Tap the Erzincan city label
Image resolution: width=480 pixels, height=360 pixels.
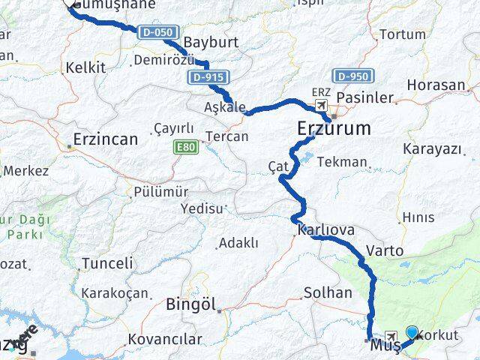(x=106, y=139)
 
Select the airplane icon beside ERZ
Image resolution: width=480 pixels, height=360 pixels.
(x=321, y=105)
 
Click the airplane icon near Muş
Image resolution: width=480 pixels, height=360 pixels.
(x=391, y=336)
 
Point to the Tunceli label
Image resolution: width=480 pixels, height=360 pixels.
(x=107, y=263)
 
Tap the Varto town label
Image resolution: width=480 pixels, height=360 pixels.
(x=385, y=250)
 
